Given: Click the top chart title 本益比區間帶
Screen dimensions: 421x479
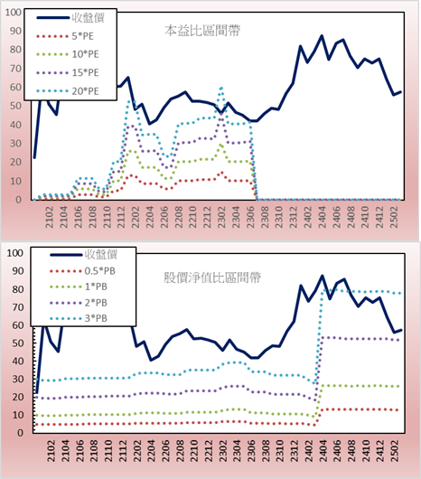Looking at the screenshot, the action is click(202, 31).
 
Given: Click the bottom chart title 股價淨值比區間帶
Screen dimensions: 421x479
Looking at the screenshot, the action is click(212, 277).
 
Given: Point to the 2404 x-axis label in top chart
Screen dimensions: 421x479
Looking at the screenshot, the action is click(323, 217).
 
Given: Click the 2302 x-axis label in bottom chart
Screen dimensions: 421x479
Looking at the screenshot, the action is click(223, 451).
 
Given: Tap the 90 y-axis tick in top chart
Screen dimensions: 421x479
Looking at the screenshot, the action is click(15, 31).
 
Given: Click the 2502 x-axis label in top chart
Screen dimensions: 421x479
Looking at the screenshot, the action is click(394, 217).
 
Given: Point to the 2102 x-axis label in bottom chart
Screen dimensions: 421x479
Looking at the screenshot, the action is click(51, 451).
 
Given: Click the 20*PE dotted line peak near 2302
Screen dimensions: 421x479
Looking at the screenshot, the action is click(221, 88).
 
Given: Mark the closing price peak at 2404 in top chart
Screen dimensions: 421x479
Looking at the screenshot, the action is click(322, 36).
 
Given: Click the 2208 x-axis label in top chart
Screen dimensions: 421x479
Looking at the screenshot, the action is click(179, 217).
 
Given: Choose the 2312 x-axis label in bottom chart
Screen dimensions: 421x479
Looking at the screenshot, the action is click(295, 451).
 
